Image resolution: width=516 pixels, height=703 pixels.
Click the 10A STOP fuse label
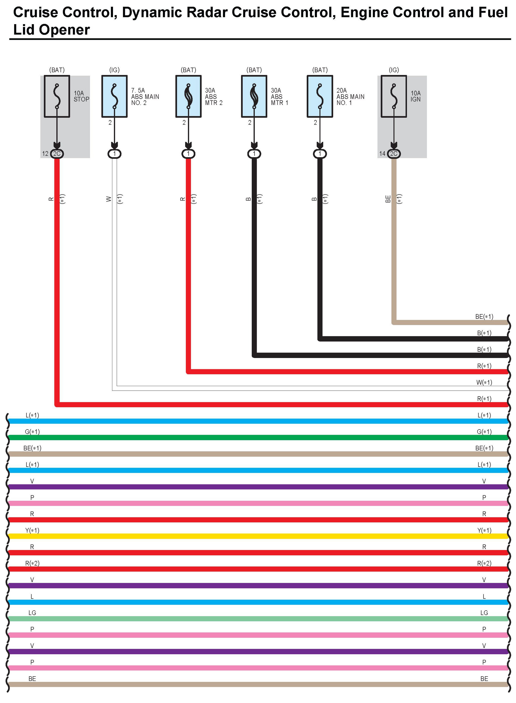tap(81, 96)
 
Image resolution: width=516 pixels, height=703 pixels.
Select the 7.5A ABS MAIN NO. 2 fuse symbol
tap(114, 96)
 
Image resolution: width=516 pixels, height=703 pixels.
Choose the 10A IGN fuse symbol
tap(394, 96)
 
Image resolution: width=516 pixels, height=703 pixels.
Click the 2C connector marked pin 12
tap(57, 154)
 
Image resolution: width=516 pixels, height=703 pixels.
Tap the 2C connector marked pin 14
tap(394, 154)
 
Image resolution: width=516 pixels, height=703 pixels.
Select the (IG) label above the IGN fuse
tap(394, 70)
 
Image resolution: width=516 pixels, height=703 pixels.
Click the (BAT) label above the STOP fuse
tap(57, 70)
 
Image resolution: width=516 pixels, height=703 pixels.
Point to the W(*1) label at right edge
tap(484, 382)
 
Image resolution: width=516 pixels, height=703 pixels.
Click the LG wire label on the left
tap(32, 613)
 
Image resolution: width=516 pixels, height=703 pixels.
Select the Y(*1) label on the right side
tap(484, 530)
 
